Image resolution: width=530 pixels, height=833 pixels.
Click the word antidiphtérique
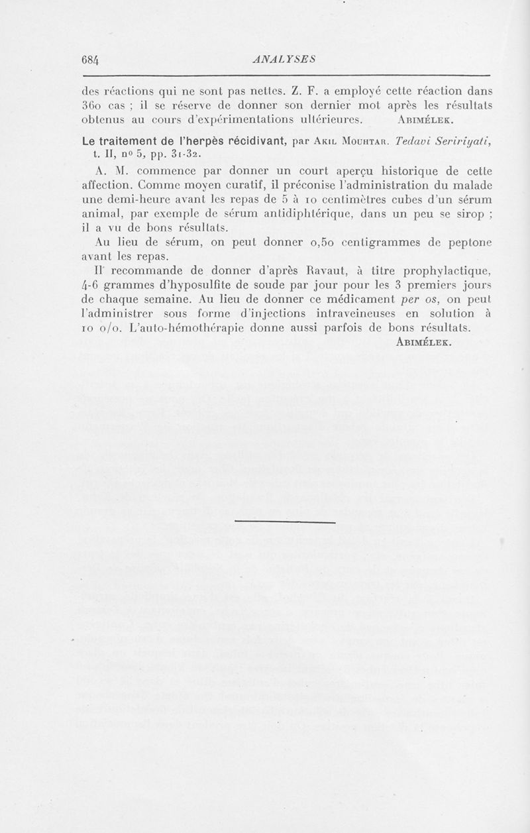pos(311,211)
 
